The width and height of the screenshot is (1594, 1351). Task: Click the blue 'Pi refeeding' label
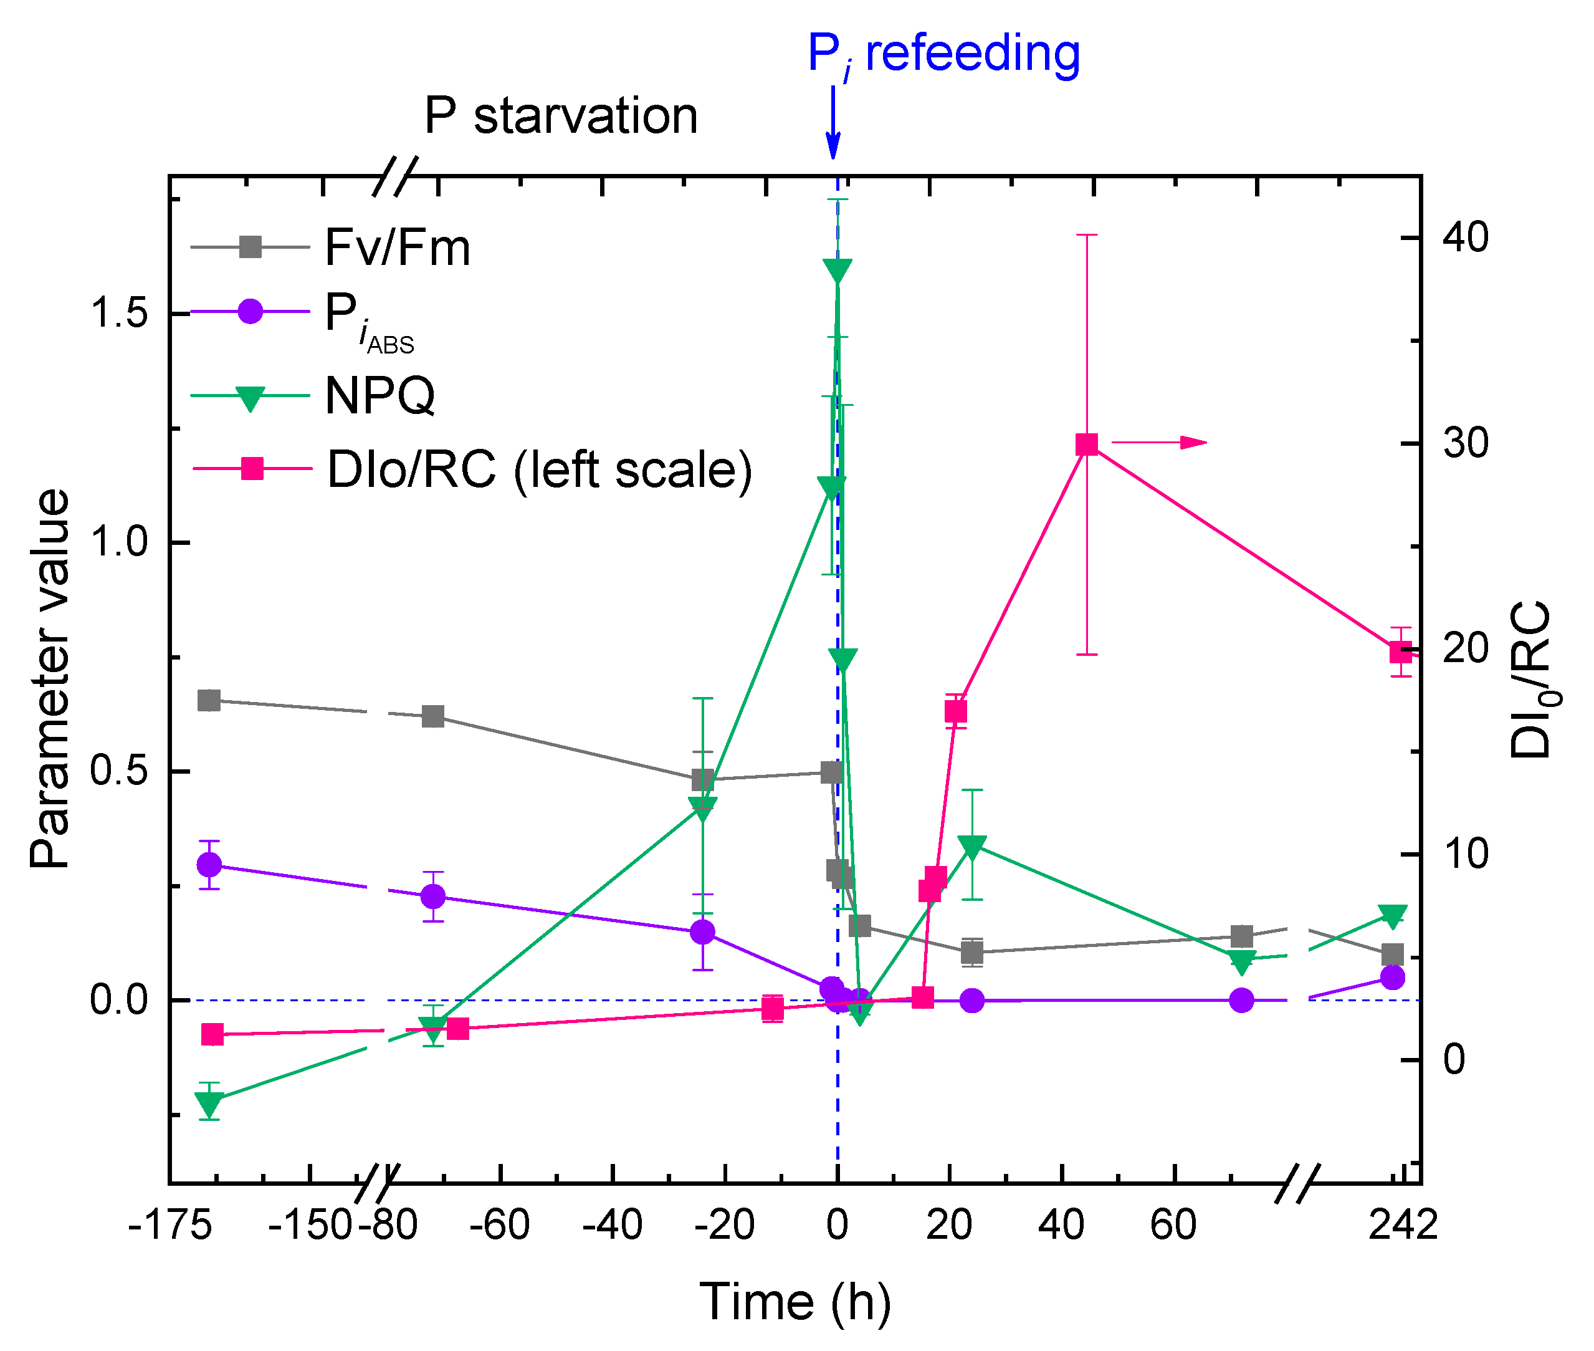point(943,55)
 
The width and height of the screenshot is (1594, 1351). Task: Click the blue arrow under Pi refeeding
point(833,123)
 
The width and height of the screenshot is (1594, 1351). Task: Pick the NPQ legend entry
point(314,396)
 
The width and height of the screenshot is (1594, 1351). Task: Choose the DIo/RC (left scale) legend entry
point(472,469)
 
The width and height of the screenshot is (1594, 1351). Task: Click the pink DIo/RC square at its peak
point(1086,445)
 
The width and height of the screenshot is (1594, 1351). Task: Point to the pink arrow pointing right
point(1159,442)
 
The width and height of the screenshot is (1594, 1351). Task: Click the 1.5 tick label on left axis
point(118,313)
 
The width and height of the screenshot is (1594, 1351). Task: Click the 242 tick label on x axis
point(1403,1224)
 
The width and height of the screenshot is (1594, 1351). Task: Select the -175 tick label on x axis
point(170,1224)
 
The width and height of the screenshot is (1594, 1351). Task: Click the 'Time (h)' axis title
point(795,1302)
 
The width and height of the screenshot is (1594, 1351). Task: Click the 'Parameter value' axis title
point(50,678)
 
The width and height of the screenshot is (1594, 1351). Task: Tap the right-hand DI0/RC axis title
point(1532,680)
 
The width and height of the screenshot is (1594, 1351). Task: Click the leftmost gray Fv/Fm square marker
point(209,700)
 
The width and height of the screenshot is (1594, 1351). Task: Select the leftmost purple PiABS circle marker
point(209,865)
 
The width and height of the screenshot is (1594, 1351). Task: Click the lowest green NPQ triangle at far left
point(209,1103)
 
